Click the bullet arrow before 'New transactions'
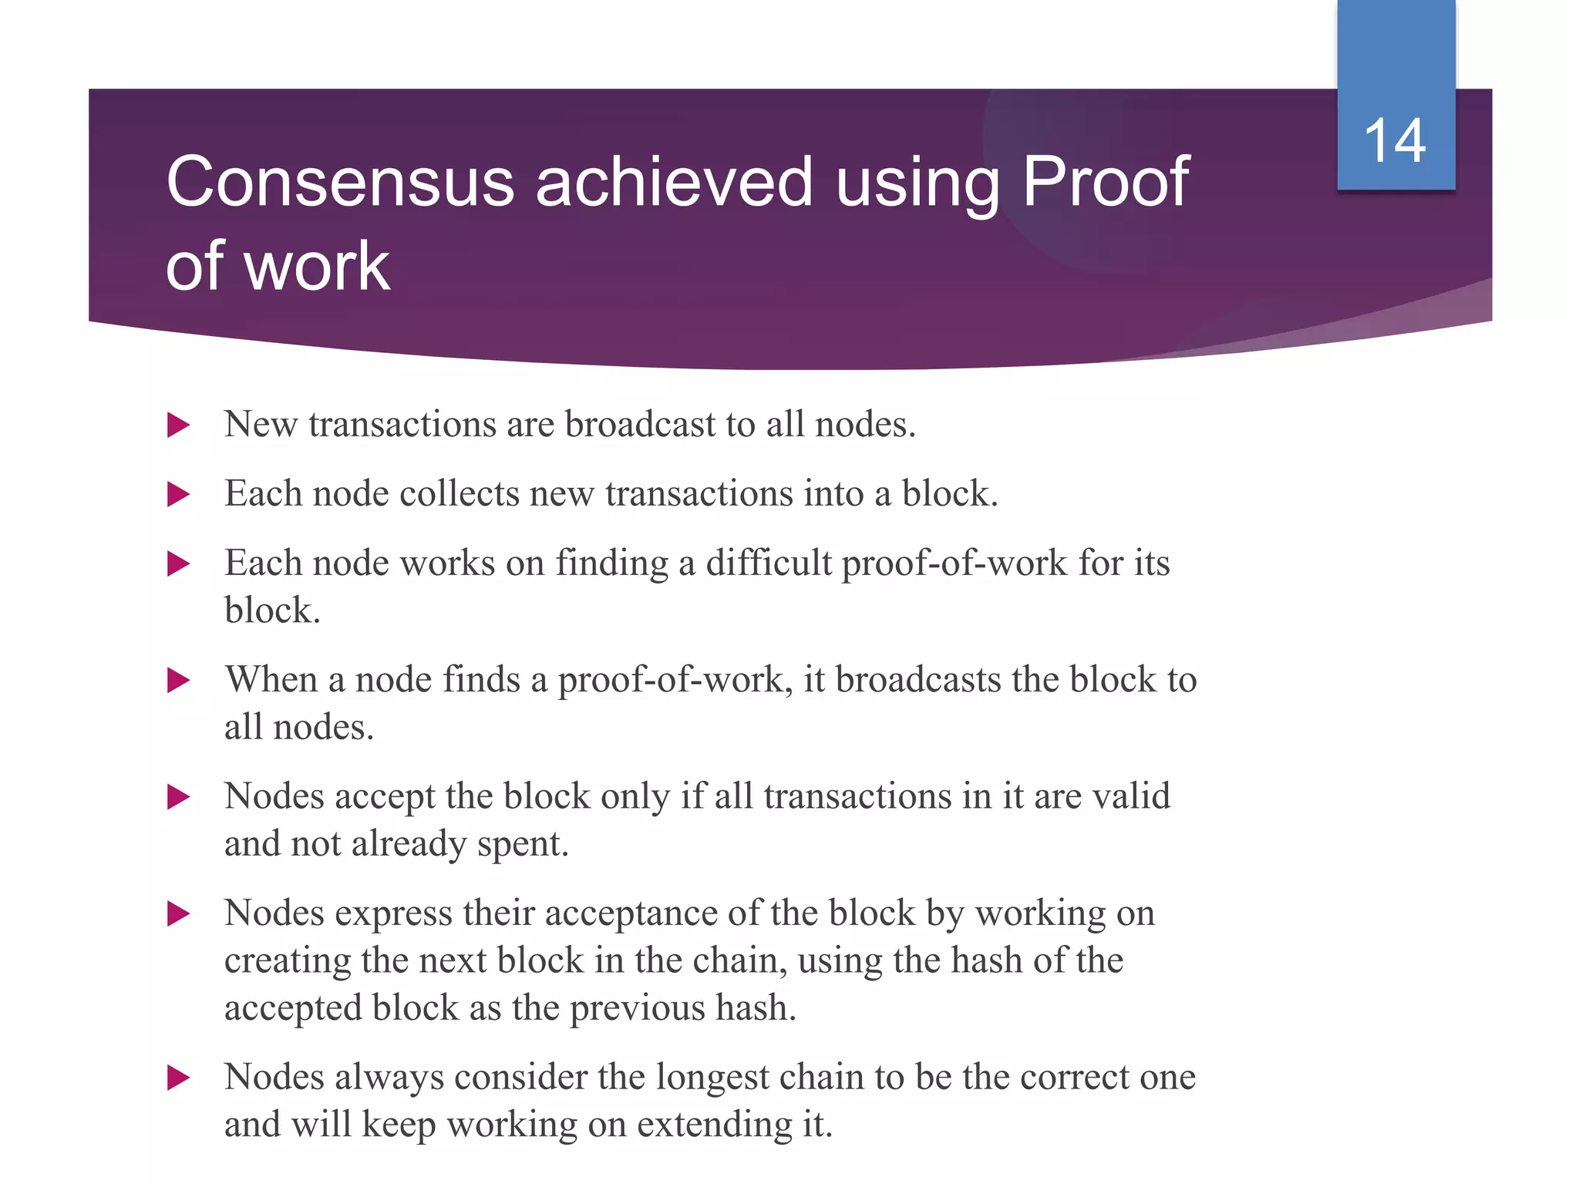point(178,425)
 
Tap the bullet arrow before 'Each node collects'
point(178,494)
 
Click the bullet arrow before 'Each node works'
point(178,563)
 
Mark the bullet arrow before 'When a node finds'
point(178,680)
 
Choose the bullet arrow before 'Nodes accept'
point(178,796)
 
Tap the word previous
point(636,1007)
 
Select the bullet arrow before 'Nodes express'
point(178,914)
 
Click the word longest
point(715,1077)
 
